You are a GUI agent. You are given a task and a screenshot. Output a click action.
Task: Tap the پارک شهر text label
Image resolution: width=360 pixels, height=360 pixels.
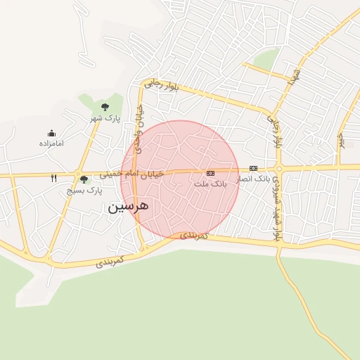tap(109, 118)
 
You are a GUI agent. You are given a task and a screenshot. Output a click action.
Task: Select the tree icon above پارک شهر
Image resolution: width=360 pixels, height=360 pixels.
tap(105, 107)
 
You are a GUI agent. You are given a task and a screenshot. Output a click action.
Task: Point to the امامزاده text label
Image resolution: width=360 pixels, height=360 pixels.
tap(51, 144)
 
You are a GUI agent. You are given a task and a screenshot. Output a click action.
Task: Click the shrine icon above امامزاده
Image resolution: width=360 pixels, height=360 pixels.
tap(51, 133)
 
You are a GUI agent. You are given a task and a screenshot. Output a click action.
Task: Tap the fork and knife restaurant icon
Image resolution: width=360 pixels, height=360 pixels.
tap(54, 178)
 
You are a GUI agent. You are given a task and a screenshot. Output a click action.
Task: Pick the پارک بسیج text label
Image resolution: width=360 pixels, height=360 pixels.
tap(84, 191)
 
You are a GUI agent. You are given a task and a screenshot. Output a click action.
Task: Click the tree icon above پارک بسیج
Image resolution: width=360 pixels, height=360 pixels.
tap(84, 180)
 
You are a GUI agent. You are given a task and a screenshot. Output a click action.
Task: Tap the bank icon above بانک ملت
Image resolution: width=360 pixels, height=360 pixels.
tap(210, 173)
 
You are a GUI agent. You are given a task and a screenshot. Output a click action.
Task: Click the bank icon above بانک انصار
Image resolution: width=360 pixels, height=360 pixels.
tap(253, 169)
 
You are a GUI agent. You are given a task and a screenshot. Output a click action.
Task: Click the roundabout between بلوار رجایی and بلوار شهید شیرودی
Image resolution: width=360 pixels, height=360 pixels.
tap(279, 169)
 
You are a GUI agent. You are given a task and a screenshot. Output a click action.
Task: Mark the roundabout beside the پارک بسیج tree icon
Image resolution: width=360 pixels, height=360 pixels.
tap(77, 174)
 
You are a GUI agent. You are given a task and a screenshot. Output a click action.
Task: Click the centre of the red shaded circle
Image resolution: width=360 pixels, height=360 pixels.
tap(180, 179)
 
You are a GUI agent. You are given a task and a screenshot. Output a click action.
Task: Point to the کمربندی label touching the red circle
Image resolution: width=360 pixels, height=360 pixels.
tap(194, 236)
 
